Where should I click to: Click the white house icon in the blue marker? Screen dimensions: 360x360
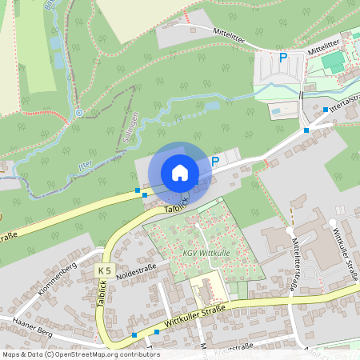pos(180,172)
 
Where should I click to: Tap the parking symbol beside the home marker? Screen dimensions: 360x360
pos(215,162)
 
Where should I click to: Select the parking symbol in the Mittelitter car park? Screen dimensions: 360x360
pos(282,58)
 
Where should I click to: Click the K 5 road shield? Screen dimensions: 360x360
pos(105,270)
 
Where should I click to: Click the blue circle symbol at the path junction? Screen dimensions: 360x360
pos(79,112)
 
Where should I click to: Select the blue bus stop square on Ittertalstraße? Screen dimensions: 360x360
pos(325,109)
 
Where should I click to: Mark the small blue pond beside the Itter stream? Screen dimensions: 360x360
pos(211,105)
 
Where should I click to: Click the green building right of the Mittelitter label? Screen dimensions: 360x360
pos(334,60)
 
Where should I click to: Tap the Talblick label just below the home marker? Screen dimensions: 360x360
pos(176,206)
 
